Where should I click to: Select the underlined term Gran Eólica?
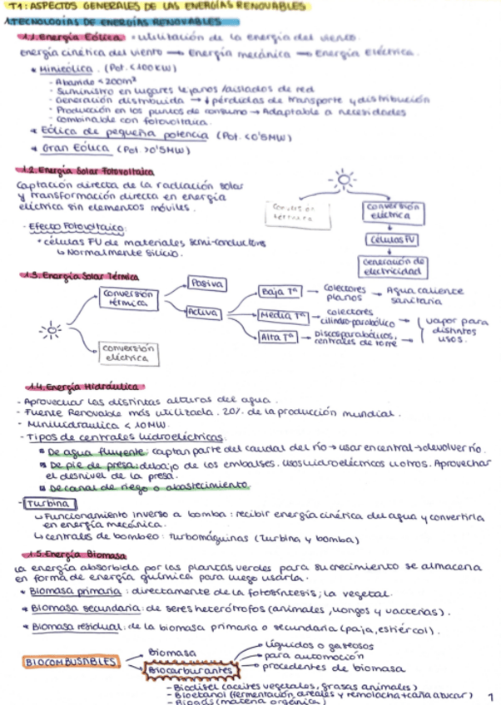click(76, 149)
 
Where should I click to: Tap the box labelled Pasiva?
click(206, 283)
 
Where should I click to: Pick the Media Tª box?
click(283, 316)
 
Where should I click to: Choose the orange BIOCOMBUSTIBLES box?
click(72, 662)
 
